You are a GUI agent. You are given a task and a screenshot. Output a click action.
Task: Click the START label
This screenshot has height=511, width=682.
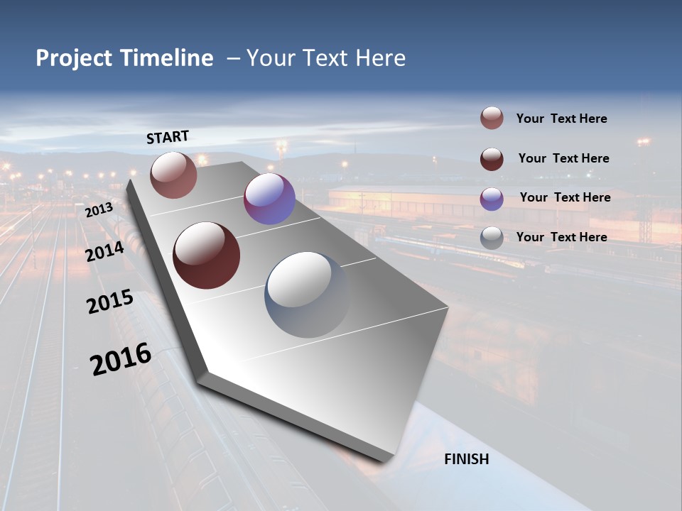pyautogui.click(x=168, y=137)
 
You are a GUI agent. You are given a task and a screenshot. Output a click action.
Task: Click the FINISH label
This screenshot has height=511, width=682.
pyautogui.click(x=467, y=459)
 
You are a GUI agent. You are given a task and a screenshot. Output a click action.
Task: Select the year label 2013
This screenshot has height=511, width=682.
pyautogui.click(x=99, y=210)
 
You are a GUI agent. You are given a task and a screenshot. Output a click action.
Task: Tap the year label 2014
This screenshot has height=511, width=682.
pyautogui.click(x=105, y=251)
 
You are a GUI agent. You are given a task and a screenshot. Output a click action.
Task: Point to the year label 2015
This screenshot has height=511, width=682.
pyautogui.click(x=110, y=302)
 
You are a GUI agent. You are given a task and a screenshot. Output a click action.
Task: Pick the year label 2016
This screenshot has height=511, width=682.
pyautogui.click(x=121, y=359)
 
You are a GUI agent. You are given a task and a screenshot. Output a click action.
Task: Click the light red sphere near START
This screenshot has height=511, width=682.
pyautogui.click(x=173, y=175)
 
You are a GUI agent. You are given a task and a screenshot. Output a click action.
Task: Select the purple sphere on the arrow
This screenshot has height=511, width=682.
pyautogui.click(x=269, y=199)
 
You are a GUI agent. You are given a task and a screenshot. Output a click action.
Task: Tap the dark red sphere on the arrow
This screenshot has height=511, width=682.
pyautogui.click(x=207, y=255)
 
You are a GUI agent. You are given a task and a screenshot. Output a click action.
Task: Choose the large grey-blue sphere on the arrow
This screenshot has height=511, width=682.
pyautogui.click(x=308, y=294)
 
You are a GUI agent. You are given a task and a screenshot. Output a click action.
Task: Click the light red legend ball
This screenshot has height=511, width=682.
pyautogui.click(x=492, y=119)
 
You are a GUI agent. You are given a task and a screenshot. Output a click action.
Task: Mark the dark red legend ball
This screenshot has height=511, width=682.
pyautogui.click(x=492, y=158)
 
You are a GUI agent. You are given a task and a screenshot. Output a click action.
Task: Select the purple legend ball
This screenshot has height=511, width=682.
pyautogui.click(x=492, y=198)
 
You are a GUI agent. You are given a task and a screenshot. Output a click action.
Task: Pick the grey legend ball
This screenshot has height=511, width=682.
pyautogui.click(x=492, y=238)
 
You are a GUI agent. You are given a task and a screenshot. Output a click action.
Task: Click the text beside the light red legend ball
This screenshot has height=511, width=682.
pyautogui.click(x=561, y=119)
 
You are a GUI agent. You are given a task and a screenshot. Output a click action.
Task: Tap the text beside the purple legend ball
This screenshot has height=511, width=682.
pyautogui.click(x=565, y=197)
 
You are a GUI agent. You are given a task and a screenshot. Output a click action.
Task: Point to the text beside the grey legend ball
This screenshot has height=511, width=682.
pyautogui.click(x=561, y=237)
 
